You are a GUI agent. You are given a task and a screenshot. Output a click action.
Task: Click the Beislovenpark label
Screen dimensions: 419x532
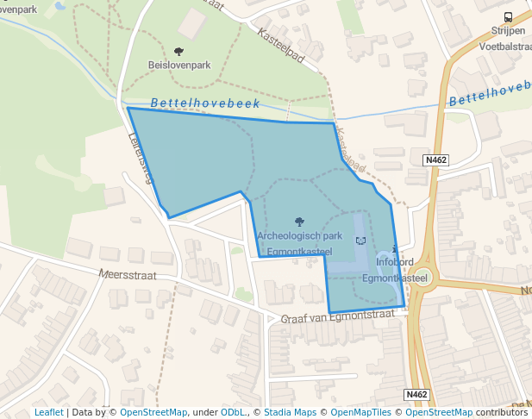tap(179, 65)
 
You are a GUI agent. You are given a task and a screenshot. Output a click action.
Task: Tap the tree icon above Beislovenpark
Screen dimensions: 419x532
tap(178, 52)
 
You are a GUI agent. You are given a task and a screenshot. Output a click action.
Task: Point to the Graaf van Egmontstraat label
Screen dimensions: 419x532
tap(337, 317)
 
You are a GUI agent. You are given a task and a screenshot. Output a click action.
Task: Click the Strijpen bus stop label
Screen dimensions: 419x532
tap(507, 30)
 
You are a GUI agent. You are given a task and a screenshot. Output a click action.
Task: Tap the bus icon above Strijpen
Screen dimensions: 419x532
tap(508, 16)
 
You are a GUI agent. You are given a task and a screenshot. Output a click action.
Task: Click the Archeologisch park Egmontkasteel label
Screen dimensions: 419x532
tap(299, 243)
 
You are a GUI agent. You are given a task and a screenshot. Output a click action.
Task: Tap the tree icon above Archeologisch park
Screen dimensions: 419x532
tap(299, 222)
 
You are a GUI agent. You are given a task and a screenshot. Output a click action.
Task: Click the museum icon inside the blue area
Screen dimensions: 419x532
tap(360, 241)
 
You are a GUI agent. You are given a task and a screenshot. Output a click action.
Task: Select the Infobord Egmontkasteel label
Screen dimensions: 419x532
tap(395, 269)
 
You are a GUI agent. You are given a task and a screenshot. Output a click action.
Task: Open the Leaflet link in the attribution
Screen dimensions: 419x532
tap(48, 412)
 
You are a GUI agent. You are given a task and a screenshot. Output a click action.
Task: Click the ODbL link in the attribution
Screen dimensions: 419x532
tap(233, 412)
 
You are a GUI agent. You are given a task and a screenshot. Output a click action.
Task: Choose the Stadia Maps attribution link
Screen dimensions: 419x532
tap(290, 412)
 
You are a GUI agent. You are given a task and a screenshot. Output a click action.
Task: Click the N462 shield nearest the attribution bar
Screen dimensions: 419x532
tap(416, 395)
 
